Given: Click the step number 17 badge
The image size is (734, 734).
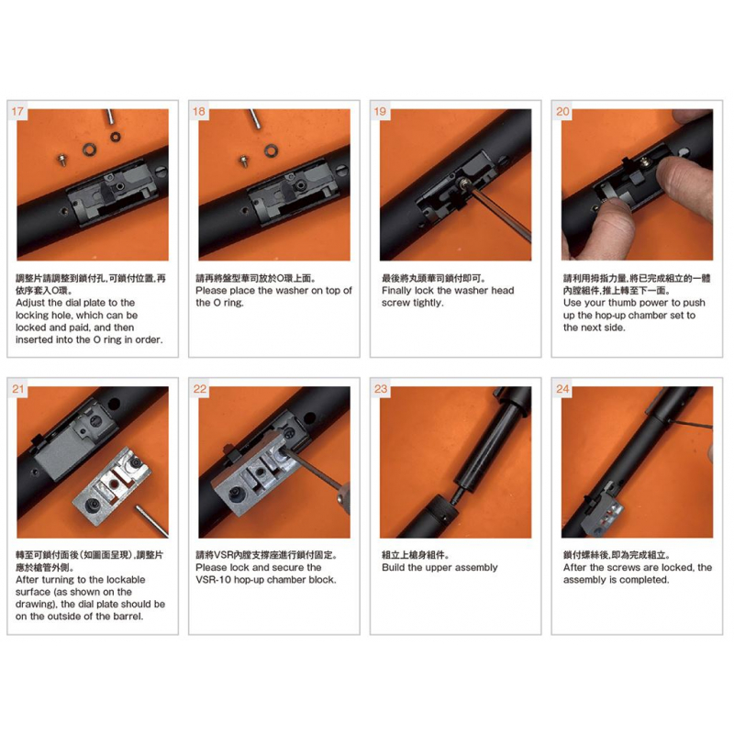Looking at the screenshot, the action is pos(17,111).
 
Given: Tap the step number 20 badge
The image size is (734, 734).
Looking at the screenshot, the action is pos(562,111).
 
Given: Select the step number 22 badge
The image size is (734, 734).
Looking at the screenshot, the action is pos(200,389).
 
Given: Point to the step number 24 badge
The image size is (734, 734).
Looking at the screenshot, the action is pos(562,389).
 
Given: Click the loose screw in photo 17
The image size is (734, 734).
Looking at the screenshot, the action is pos(61,159).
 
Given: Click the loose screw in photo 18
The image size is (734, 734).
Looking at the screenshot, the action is pos(243,160).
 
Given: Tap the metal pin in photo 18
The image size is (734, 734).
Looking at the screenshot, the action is pos(255,117).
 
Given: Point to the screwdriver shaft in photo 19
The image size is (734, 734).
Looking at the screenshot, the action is pos(500,213).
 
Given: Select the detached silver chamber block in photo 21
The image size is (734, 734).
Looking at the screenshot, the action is pos(112,486).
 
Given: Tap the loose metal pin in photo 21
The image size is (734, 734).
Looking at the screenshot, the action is pos(151,520).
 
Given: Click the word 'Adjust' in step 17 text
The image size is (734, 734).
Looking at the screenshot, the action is pos(30,303).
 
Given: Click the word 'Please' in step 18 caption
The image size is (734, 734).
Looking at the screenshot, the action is pos(211,291).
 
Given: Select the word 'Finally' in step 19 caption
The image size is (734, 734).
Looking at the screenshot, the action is pos(396,291).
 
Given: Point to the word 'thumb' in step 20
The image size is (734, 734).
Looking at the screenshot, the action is pos(622,303).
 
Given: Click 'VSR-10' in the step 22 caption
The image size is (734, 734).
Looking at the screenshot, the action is pos(213,580).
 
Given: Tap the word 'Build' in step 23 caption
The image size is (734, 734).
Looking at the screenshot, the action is pos(394,567).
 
